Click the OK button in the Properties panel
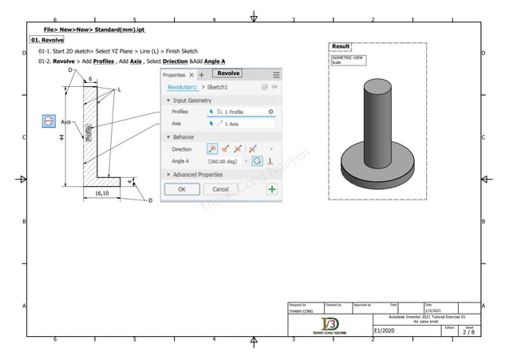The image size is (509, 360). tap(182, 189)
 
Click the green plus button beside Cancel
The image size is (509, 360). tap(272, 189)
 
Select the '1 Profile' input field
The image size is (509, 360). tap(240, 112)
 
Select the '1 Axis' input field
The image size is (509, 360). tap(240, 124)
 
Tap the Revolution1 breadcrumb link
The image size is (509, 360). tap(182, 87)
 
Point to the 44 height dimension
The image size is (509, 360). tap(61, 137)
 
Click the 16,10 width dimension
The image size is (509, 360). tap(102, 193)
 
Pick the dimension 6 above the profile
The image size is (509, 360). tap(90, 78)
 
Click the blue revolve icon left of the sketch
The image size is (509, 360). tap(49, 121)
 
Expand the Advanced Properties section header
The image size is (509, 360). tap(199, 174)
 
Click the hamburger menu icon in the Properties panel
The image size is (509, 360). tap(276, 74)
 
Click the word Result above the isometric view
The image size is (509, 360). tap(341, 47)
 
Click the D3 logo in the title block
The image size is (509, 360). tap(329, 323)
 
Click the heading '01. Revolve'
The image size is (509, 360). tap(47, 39)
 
